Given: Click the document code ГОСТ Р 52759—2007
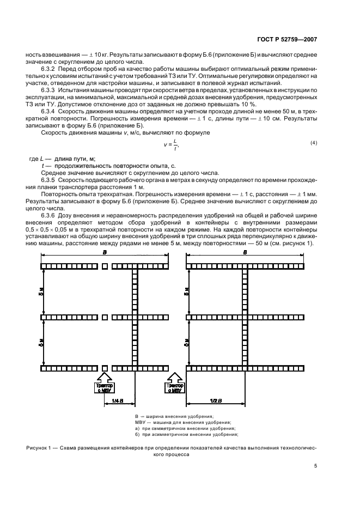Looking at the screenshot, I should point(292,39).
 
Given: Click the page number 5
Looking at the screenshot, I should point(315,466).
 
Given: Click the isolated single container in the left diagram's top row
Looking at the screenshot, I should point(105,266).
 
